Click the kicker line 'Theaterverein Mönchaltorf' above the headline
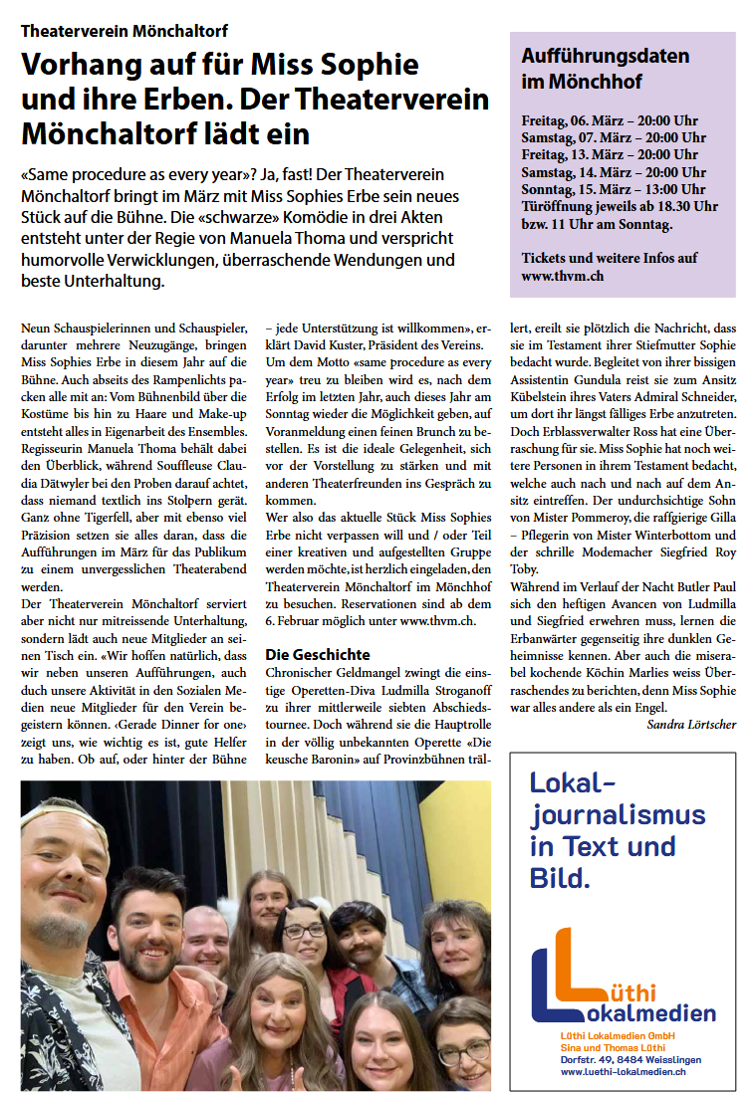point(125,31)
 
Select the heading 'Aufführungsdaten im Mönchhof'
point(591,69)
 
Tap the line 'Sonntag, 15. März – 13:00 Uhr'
point(613,189)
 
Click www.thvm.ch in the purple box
point(562,276)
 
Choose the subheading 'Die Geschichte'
point(318,654)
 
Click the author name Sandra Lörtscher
point(691,724)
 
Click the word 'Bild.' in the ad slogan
point(561,877)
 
